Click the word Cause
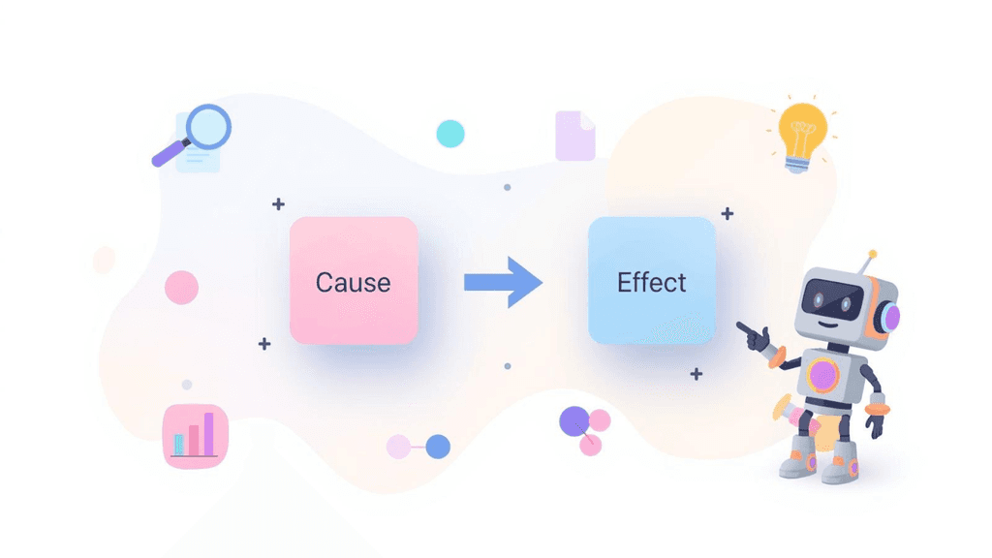pyautogui.click(x=353, y=283)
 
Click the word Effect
pyautogui.click(x=652, y=282)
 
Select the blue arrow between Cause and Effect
pyautogui.click(x=503, y=282)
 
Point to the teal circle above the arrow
pyautogui.click(x=450, y=134)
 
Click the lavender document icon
pyautogui.click(x=575, y=136)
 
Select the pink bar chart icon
pyautogui.click(x=196, y=436)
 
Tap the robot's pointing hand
pyautogui.click(x=754, y=335)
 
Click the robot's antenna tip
pyautogui.click(x=873, y=255)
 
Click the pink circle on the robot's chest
pyautogui.click(x=823, y=376)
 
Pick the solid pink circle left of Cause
pyautogui.click(x=181, y=287)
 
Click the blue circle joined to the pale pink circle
pyautogui.click(x=438, y=447)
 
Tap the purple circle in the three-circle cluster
pyautogui.click(x=574, y=421)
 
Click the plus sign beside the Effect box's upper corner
pyautogui.click(x=728, y=213)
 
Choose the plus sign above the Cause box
pyautogui.click(x=278, y=204)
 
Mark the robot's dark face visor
pyautogui.click(x=832, y=300)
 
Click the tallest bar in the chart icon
pyautogui.click(x=209, y=433)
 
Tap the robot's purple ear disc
pyautogui.click(x=892, y=318)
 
